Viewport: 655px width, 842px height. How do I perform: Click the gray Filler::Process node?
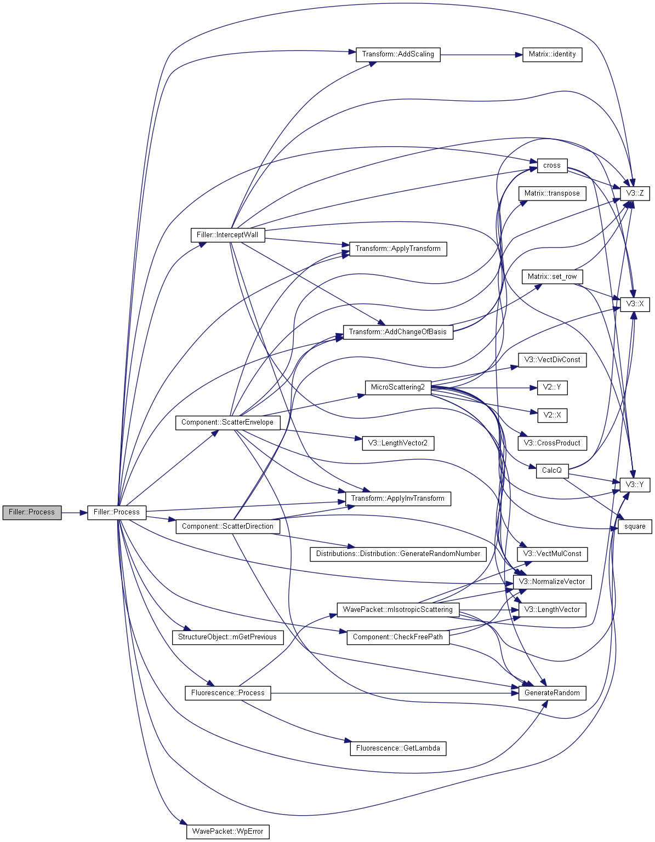pyautogui.click(x=32, y=512)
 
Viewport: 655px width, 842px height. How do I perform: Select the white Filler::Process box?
pyautogui.click(x=117, y=512)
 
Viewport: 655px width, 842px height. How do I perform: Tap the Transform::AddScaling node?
pyautogui.click(x=398, y=54)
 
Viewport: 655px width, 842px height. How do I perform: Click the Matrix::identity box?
pyautogui.click(x=552, y=54)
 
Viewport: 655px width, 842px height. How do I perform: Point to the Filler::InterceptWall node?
pyautogui.click(x=227, y=235)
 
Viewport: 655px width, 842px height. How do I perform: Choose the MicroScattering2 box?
pyautogui.click(x=398, y=387)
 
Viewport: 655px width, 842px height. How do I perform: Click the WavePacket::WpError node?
pyautogui.click(x=228, y=832)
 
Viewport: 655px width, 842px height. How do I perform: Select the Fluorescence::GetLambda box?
pyautogui.click(x=398, y=748)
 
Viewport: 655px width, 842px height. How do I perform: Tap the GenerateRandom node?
pyautogui.click(x=552, y=693)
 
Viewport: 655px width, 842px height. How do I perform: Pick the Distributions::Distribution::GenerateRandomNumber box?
pyautogui.click(x=398, y=554)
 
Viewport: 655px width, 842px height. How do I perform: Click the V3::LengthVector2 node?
pyautogui.click(x=398, y=443)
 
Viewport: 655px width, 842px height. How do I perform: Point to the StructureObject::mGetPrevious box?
pyautogui.click(x=227, y=637)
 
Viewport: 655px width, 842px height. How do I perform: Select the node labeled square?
pyautogui.click(x=635, y=526)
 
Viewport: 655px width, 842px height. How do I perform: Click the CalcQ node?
pyautogui.click(x=552, y=471)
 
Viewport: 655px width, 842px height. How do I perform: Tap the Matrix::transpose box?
pyautogui.click(x=552, y=193)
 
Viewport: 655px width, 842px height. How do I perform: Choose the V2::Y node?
pyautogui.click(x=552, y=388)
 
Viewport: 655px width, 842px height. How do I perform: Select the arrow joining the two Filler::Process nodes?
pyautogui.click(x=75, y=513)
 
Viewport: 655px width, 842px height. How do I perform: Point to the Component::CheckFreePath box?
pyautogui.click(x=398, y=637)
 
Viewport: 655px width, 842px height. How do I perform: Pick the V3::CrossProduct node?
pyautogui.click(x=552, y=443)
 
